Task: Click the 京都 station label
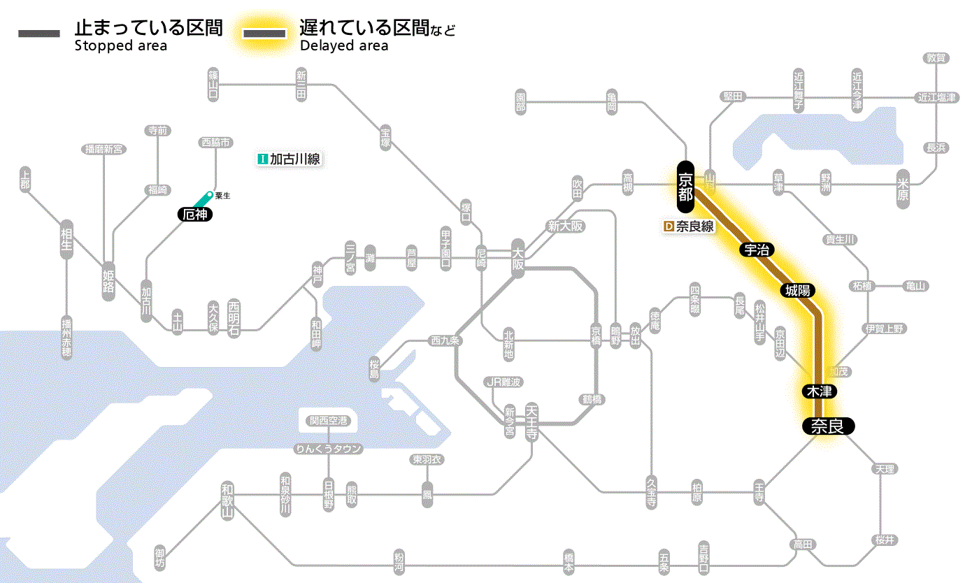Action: (685, 187)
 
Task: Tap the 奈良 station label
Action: (828, 426)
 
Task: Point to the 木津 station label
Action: (819, 391)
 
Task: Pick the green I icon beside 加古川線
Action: (263, 159)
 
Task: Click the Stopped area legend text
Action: (120, 46)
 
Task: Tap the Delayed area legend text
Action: (343, 46)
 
